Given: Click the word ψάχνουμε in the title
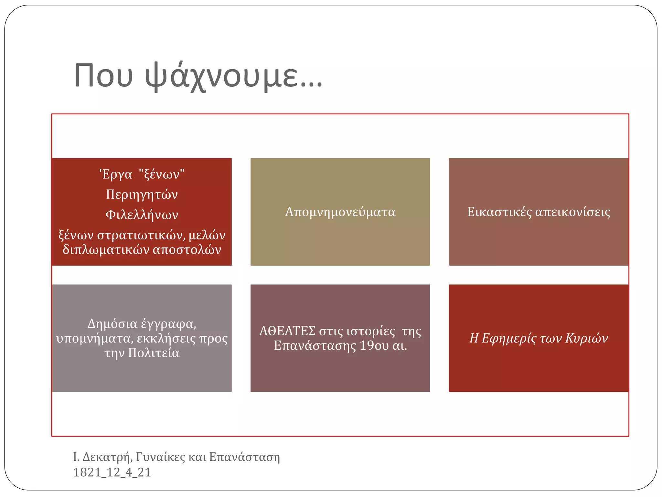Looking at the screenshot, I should pos(234,76).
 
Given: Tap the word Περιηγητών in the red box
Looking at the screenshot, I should pos(142,194).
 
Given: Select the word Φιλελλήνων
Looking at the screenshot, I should pos(142,215).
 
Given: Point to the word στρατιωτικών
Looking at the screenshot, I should pos(141,235).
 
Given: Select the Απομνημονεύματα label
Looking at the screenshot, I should pos(340,212).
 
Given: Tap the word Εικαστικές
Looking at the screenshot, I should pos(499,212).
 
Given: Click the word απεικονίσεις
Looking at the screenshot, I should pos(573,212).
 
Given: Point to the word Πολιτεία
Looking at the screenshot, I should pos(154,353).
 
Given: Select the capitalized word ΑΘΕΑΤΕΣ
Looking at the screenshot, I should pos(287,331).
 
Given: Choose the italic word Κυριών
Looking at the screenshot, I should pos(586,338).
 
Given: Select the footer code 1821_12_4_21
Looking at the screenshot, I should pos(112,472).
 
